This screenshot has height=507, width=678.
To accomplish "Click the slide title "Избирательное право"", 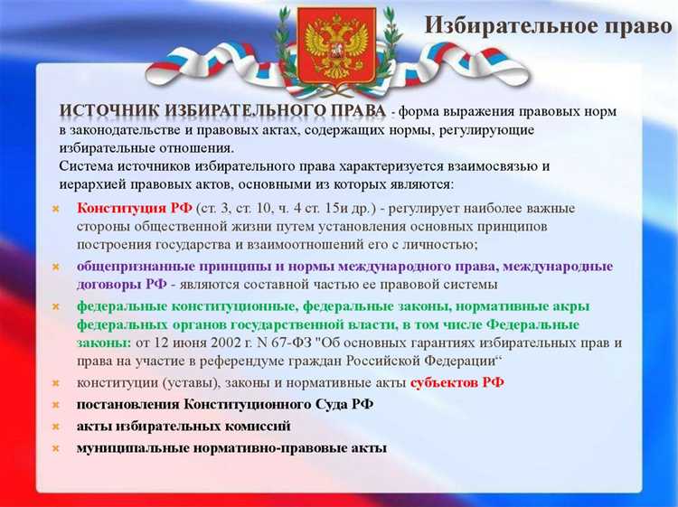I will [x=548, y=25].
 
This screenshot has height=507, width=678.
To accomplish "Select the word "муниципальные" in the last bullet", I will [x=127, y=447].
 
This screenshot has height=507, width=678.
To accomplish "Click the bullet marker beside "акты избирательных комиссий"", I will [x=56, y=427].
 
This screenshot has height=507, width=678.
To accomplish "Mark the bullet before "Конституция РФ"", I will [x=56, y=209].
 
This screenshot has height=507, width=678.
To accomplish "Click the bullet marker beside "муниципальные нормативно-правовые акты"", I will [x=56, y=448].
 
